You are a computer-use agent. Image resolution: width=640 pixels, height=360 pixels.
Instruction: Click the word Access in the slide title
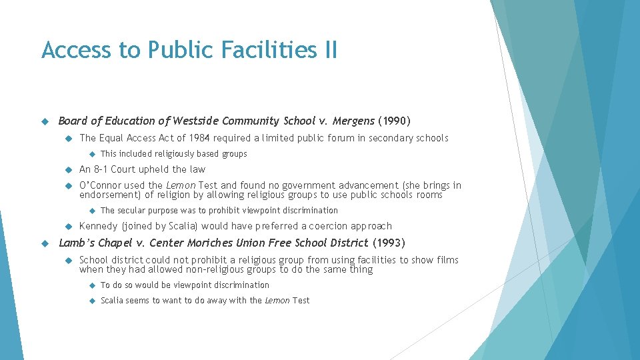tap(76, 49)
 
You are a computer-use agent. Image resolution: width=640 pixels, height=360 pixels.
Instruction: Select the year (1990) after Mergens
tap(394, 121)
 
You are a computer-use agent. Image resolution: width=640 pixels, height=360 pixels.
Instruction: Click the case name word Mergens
tap(353, 121)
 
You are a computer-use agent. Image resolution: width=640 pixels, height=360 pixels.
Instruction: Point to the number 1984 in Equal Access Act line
tap(199, 138)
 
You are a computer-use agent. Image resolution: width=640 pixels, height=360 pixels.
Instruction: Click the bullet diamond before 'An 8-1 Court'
tap(69, 169)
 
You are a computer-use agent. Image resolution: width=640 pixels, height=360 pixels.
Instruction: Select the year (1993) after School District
tap(389, 243)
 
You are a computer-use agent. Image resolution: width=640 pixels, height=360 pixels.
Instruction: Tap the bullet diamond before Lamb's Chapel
tap(45, 244)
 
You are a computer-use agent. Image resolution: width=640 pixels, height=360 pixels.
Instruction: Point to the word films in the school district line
tap(447, 260)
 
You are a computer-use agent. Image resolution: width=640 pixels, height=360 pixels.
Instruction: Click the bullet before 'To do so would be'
tap(92, 285)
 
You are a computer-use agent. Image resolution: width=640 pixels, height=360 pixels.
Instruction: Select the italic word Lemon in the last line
tap(277, 301)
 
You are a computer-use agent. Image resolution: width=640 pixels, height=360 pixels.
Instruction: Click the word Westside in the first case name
tap(195, 121)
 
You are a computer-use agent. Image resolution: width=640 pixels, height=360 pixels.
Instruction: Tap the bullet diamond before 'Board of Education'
tap(45, 121)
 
